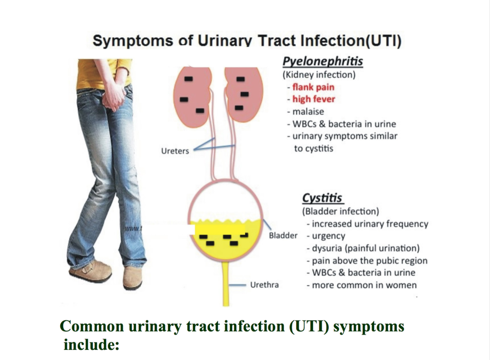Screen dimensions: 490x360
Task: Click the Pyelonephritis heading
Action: tap(323, 62)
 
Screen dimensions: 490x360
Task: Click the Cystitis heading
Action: tap(322, 198)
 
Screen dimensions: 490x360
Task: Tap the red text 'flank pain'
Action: tap(313, 87)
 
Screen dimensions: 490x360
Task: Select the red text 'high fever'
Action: tap(314, 100)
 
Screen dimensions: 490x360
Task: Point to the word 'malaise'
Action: tap(308, 112)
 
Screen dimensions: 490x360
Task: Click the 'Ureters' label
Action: tap(175, 151)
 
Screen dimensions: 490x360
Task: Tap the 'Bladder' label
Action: tap(283, 236)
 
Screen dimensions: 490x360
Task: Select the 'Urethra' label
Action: tap(264, 285)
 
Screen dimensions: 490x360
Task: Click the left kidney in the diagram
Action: tap(193, 97)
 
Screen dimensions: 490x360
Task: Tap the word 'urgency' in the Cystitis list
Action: tap(328, 236)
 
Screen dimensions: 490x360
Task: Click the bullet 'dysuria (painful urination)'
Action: tap(364, 248)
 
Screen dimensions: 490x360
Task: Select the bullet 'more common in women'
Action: tap(362, 285)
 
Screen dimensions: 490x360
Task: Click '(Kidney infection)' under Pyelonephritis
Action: tap(319, 75)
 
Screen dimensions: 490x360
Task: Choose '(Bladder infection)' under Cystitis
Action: tap(341, 212)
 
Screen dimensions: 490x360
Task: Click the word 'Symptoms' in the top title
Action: tap(133, 41)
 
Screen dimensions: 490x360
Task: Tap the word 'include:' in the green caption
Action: tap(91, 345)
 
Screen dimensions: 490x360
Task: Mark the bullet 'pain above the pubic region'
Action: tap(367, 260)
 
